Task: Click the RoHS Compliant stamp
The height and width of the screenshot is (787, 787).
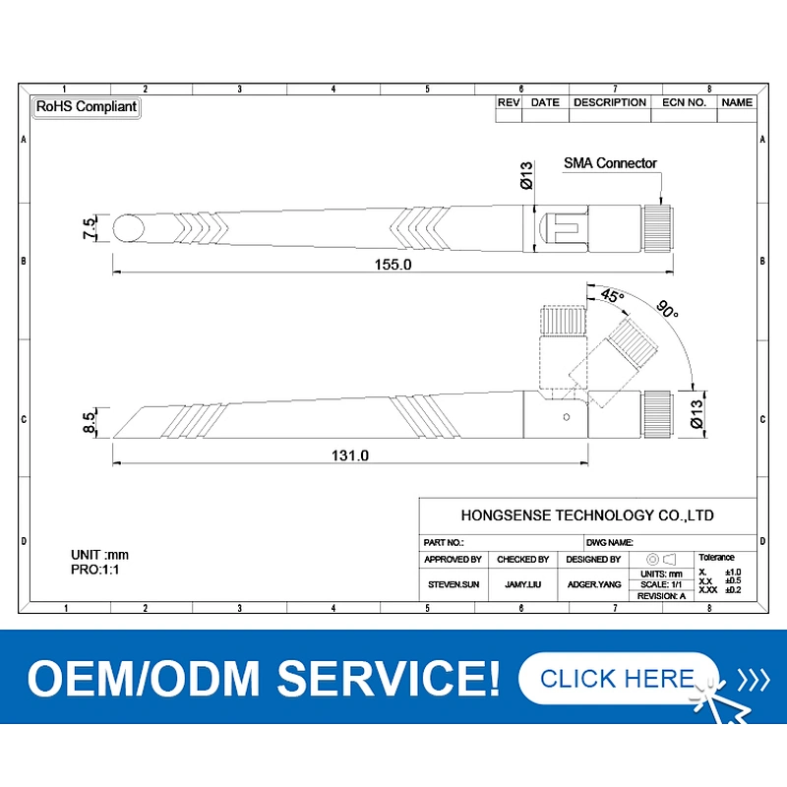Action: coord(87,107)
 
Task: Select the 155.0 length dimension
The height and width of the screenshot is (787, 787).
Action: coord(393,265)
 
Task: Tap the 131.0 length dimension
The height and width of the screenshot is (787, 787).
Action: coord(350,455)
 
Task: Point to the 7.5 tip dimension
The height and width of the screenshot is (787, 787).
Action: coord(89,228)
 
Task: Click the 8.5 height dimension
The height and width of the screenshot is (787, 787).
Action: coord(89,423)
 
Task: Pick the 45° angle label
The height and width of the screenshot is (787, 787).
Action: coord(612,295)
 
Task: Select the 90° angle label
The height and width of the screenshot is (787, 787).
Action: coord(668,309)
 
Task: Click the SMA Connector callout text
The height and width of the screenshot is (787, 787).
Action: coord(610,163)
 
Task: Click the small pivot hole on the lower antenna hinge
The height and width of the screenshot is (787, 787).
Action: coord(567,417)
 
